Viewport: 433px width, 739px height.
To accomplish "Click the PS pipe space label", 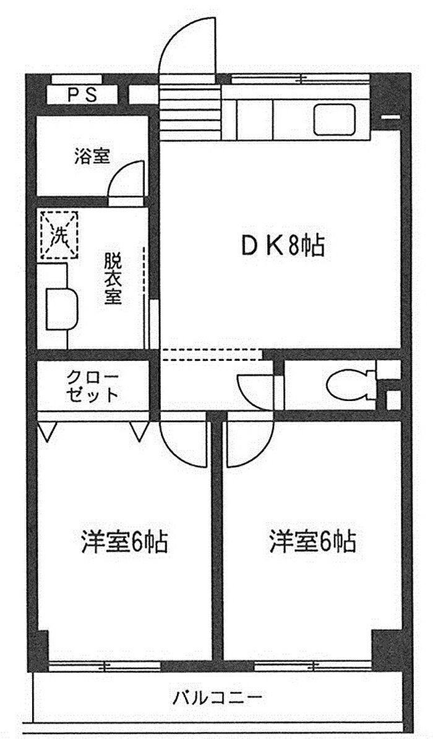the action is click(x=82, y=95).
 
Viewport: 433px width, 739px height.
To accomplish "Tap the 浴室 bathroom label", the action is click(x=93, y=156).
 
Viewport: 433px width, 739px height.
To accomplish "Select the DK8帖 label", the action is click(x=282, y=247).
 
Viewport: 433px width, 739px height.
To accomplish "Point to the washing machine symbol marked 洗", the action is click(x=59, y=235).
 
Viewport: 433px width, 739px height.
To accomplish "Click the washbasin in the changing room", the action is click(x=62, y=308).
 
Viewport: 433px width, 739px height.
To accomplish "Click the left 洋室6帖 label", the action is click(x=124, y=542).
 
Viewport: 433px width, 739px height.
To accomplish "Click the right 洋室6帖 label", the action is click(x=312, y=542).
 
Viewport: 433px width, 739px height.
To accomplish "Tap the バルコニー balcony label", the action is click(x=217, y=699).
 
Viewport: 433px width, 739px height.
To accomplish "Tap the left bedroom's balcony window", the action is click(x=104, y=666).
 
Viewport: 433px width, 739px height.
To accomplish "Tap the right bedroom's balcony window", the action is click(x=312, y=666).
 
